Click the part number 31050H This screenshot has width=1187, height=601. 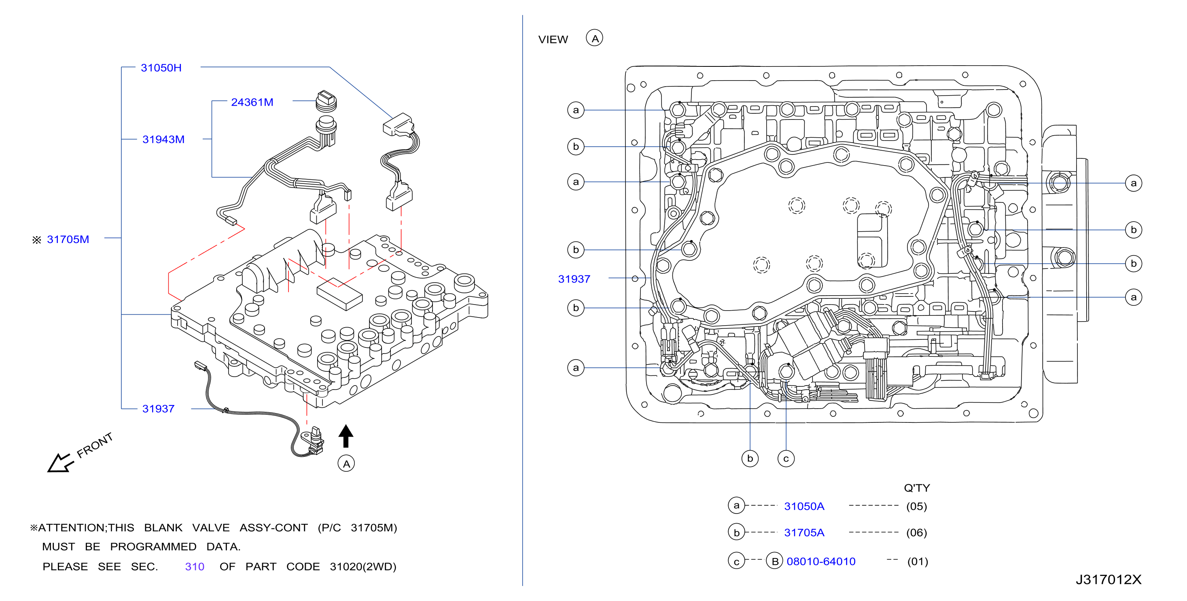click(161, 68)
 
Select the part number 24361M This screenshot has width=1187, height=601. click(252, 102)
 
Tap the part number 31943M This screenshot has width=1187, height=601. click(163, 139)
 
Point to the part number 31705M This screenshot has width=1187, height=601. click(68, 239)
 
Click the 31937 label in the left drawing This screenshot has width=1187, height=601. click(158, 409)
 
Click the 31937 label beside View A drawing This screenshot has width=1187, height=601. click(574, 279)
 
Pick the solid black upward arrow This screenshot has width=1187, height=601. click(346, 436)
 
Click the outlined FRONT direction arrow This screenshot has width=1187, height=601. click(60, 463)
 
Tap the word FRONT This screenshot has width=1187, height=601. click(94, 445)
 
